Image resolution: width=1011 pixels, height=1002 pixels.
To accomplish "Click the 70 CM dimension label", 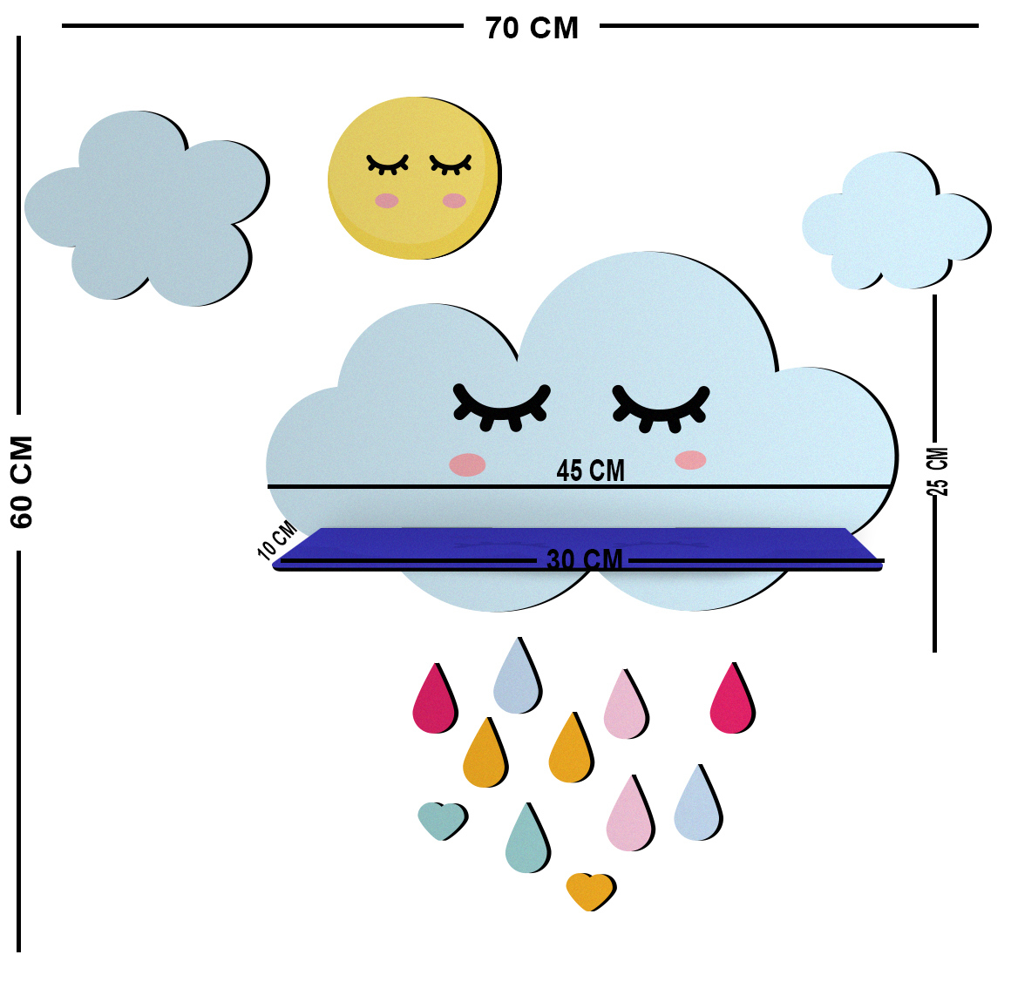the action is [532, 29].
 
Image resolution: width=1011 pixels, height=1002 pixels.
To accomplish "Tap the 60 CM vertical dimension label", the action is [21, 482].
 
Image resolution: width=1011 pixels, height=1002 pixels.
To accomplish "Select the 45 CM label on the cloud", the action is [591, 470].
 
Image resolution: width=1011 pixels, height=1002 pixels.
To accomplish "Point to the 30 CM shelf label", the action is [584, 559].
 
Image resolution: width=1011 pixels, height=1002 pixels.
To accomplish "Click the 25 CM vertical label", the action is [938, 471].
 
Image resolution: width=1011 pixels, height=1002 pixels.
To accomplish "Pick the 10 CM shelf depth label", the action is [277, 540].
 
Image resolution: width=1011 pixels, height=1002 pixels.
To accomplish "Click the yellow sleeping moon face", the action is [415, 178].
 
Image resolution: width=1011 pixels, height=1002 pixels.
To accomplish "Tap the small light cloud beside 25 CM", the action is [896, 220].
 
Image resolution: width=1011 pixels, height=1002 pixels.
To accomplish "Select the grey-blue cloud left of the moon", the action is [147, 207].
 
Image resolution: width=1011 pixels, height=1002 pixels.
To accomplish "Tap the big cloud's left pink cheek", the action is [467, 464].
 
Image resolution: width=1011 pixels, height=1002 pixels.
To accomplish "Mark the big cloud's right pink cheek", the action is [690, 460].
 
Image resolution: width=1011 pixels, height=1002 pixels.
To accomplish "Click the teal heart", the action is [443, 820].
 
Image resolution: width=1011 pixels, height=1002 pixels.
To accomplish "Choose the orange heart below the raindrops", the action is [591, 891].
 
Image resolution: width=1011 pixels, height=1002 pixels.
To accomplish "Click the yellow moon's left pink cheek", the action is [387, 200].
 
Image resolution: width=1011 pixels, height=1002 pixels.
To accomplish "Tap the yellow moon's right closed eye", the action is [451, 165].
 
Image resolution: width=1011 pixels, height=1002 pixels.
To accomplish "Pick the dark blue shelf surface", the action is [578, 549].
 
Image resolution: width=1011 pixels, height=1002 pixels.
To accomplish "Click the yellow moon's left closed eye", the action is [388, 164].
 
